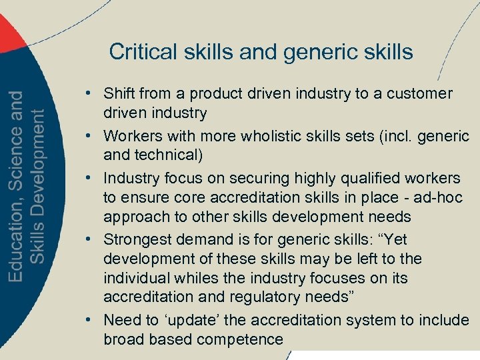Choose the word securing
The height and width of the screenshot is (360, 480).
[x=261, y=179]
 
